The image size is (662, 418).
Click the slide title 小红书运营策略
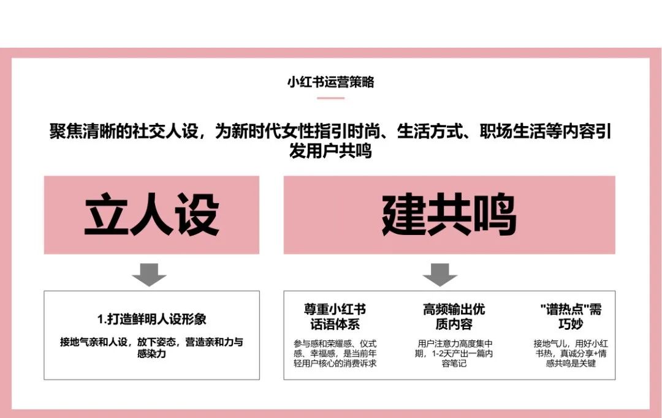[330, 82]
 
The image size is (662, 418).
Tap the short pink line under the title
[330, 98]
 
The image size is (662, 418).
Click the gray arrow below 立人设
[149, 274]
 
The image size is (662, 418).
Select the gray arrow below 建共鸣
[440, 274]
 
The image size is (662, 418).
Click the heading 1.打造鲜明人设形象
[151, 319]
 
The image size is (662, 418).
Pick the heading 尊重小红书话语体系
[335, 316]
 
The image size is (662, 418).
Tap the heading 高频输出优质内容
[454, 316]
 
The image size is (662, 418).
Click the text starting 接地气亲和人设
[151, 348]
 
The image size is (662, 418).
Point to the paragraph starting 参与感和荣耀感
[335, 353]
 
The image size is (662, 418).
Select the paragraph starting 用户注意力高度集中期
[454, 353]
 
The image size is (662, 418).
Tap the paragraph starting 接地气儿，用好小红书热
[565, 353]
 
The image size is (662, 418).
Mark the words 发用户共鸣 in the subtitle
[330, 151]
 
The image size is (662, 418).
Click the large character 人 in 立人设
[151, 215]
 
